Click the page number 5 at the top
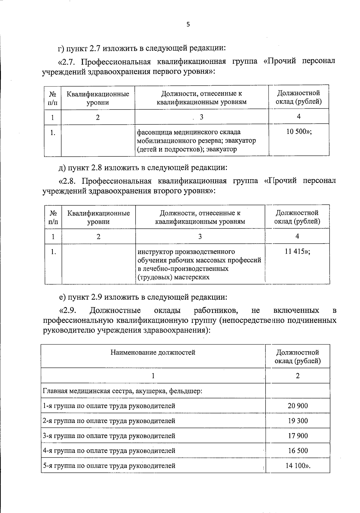[188, 25]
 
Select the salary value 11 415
[297, 252]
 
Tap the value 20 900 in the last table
[298, 406]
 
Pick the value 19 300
[298, 421]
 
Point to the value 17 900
[298, 436]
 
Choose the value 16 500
[298, 451]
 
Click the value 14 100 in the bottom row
[298, 466]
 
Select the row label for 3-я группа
[109, 436]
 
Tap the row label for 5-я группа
[109, 466]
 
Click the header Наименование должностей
[153, 352]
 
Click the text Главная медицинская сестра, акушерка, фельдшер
[123, 391]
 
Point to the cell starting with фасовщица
[196, 140]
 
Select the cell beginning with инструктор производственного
[199, 264]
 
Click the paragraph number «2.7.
[67, 62]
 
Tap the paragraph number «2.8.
[67, 181]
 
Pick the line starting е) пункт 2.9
[143, 297]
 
